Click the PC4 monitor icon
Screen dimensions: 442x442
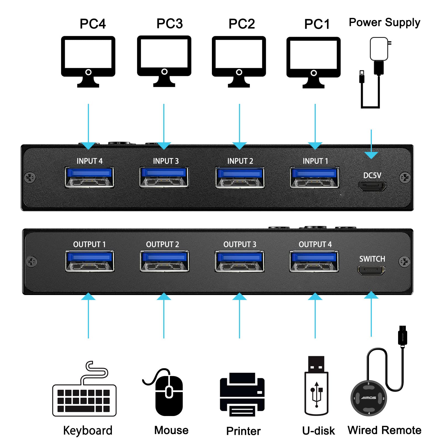click(x=88, y=61)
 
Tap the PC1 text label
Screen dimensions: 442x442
click(x=317, y=24)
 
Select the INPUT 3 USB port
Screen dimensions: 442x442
click(x=164, y=177)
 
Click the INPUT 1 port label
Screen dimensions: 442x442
click(x=315, y=161)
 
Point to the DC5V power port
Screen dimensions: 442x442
click(x=372, y=187)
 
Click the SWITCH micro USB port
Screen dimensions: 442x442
click(x=371, y=270)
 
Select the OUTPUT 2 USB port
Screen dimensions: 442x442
click(x=164, y=261)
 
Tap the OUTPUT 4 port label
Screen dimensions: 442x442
click(x=315, y=244)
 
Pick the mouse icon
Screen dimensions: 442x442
click(x=167, y=392)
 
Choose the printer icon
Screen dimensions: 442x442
click(x=242, y=394)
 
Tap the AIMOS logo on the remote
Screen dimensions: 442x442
click(x=369, y=398)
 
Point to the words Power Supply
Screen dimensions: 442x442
click(x=384, y=23)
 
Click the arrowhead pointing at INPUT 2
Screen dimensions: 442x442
click(x=239, y=146)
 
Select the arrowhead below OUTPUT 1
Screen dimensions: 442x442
click(x=88, y=296)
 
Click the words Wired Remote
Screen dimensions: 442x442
click(x=384, y=430)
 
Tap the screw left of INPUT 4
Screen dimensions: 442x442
click(x=30, y=177)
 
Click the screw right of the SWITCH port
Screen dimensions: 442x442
click(x=404, y=261)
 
